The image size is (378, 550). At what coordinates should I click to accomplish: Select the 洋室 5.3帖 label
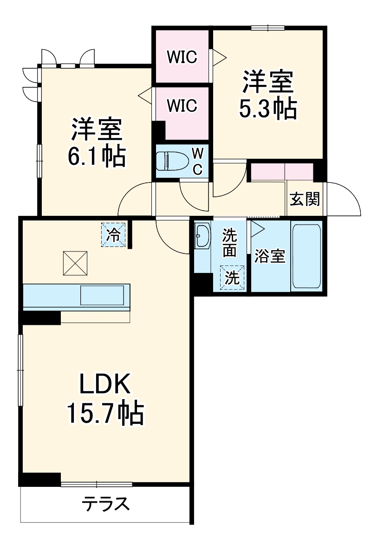point(267,96)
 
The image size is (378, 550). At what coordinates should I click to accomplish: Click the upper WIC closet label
point(182,57)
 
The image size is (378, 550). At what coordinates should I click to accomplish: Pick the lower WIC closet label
point(182,106)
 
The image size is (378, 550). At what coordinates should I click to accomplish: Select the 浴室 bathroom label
point(270,257)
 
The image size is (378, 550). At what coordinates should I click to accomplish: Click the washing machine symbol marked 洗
point(232,278)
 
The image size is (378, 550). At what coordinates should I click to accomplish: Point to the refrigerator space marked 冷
point(113,234)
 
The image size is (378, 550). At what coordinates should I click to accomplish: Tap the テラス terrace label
point(105,504)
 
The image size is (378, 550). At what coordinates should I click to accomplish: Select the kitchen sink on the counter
point(102,295)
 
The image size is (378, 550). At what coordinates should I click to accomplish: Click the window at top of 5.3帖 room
point(268,27)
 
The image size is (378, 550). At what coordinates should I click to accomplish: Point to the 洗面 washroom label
point(230,243)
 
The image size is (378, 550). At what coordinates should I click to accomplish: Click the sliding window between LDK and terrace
point(97,485)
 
